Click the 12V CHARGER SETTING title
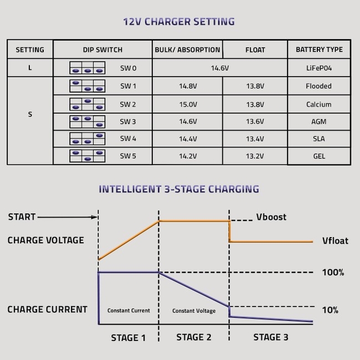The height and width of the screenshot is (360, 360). click(x=179, y=22)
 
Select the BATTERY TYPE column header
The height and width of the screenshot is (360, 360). click(x=319, y=50)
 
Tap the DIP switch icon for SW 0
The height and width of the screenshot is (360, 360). click(x=88, y=68)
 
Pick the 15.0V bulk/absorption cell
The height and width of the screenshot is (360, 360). click(x=188, y=105)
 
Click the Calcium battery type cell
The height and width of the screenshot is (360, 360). click(x=318, y=105)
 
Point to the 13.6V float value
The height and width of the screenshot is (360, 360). click(x=255, y=121)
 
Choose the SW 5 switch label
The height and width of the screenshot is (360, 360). click(x=128, y=156)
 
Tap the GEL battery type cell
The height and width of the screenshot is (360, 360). click(x=319, y=156)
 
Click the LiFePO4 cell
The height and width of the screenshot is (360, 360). click(x=319, y=68)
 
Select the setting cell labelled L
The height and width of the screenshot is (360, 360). click(x=30, y=68)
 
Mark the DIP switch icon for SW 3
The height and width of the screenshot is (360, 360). click(x=88, y=122)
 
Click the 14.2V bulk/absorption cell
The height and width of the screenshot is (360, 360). click(x=188, y=156)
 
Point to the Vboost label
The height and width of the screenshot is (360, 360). click(x=271, y=217)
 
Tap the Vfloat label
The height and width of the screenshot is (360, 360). click(x=335, y=240)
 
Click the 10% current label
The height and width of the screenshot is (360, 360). click(x=330, y=310)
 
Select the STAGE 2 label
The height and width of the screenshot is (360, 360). click(x=194, y=337)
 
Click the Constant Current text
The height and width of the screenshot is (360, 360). click(x=128, y=311)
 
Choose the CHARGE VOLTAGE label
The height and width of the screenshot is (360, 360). click(x=45, y=240)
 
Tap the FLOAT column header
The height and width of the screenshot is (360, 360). click(x=255, y=50)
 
